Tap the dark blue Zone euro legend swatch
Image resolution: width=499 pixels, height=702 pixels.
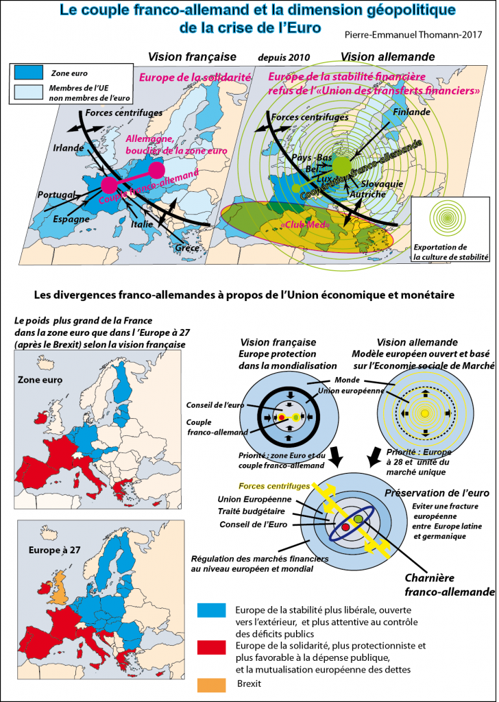[29, 71]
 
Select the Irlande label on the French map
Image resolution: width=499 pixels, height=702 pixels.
[69, 148]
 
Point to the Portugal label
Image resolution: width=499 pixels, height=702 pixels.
[56, 195]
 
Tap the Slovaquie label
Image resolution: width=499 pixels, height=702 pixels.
[382, 184]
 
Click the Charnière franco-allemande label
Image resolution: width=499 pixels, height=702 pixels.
[449, 585]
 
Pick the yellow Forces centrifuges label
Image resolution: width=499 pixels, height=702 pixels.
[275, 486]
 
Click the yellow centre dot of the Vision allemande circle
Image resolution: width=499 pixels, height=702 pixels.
[425, 412]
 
